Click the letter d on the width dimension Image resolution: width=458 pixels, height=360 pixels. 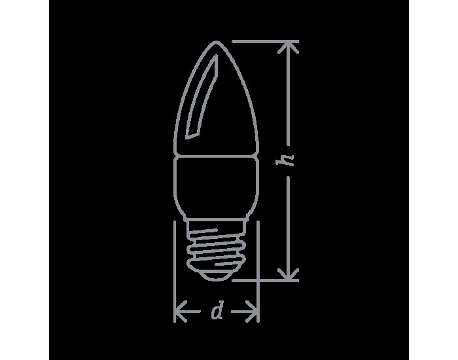217,311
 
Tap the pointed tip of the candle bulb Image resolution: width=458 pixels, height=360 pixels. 216,42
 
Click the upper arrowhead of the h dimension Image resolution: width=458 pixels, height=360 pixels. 288,47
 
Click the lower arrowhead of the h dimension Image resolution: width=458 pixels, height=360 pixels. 288,274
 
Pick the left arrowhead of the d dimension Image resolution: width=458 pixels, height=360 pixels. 181,312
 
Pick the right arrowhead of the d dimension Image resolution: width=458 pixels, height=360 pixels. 252,312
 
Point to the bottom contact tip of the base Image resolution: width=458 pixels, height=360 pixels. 216,279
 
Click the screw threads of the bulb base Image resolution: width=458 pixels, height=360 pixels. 216,250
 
